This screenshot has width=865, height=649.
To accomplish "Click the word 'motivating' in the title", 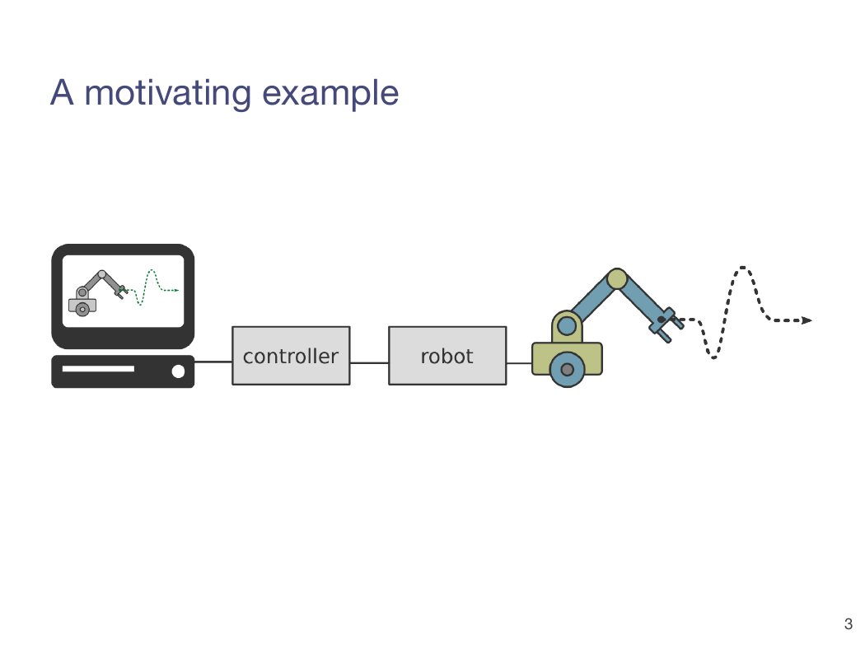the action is point(167,93).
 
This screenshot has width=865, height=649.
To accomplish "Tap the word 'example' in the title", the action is point(330,93).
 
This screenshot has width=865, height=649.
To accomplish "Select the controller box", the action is point(291,356).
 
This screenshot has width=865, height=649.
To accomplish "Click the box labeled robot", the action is point(447,356).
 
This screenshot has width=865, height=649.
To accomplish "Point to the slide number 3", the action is point(848,624).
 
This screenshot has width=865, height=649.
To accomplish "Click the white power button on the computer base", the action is point(178,371).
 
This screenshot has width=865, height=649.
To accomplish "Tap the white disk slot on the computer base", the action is point(98,368).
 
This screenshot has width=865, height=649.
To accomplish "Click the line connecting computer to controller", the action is point(213,362).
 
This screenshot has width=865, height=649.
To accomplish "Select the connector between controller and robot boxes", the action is point(370,363).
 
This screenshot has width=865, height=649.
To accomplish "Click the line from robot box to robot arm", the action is point(519,363).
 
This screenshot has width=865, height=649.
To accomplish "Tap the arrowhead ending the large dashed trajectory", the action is point(807,320).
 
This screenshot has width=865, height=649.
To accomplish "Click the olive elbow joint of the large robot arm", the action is point(617,279).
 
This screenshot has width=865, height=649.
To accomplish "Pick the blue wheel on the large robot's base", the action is point(567,370).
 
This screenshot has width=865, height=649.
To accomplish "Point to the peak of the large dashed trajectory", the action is point(742,268).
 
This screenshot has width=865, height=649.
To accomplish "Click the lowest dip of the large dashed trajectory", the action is point(713,357).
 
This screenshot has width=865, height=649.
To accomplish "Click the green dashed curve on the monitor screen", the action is point(150,287).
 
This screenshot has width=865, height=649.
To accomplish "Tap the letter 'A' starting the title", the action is point(62,92).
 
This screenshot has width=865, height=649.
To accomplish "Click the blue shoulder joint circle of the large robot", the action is point(567,326).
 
